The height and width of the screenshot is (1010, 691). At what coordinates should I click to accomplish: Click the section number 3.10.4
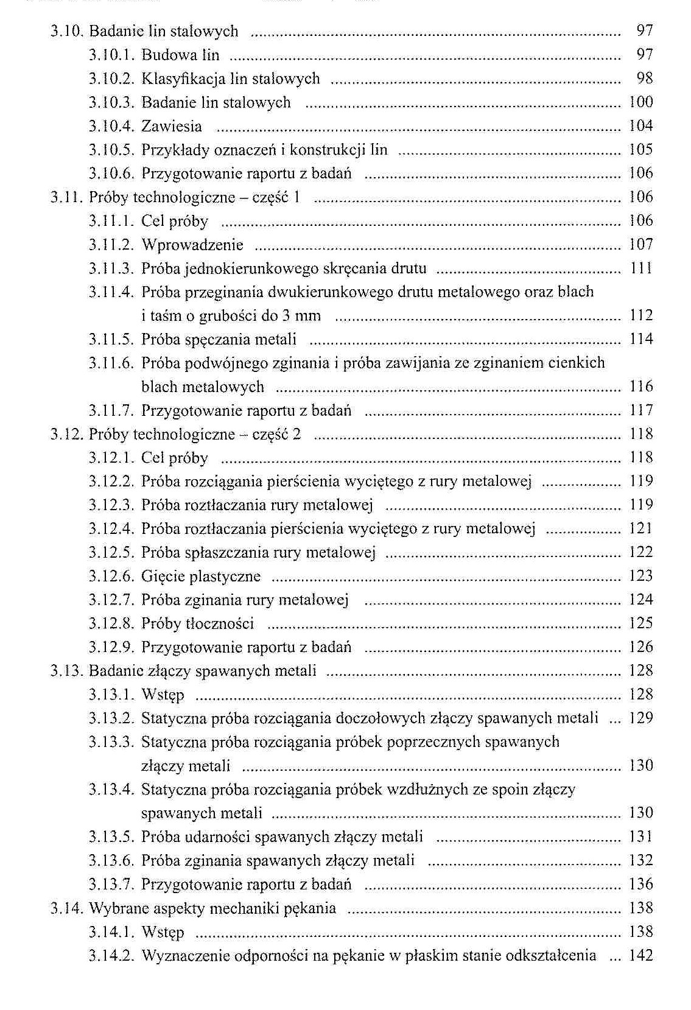[x=111, y=126]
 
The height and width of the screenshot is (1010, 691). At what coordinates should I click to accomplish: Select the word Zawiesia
[x=171, y=126]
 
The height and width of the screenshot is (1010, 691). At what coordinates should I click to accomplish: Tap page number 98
[x=644, y=78]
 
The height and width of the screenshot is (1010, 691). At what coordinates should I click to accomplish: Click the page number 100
[x=640, y=102]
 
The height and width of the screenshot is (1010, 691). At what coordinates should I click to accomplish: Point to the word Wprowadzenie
[x=192, y=245]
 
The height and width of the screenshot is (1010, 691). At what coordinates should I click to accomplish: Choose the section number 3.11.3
[x=111, y=268]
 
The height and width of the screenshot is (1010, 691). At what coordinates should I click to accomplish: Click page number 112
[x=640, y=315]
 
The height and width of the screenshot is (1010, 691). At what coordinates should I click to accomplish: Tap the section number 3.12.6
[x=111, y=576]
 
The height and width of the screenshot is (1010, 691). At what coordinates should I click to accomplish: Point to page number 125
[x=640, y=623]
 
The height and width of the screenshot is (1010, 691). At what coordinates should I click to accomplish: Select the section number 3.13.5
[x=111, y=837]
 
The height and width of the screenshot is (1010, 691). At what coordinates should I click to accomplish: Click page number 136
[x=640, y=884]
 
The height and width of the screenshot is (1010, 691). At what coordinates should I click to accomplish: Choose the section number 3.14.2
[x=111, y=956]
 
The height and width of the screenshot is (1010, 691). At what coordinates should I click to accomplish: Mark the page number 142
[x=640, y=956]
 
